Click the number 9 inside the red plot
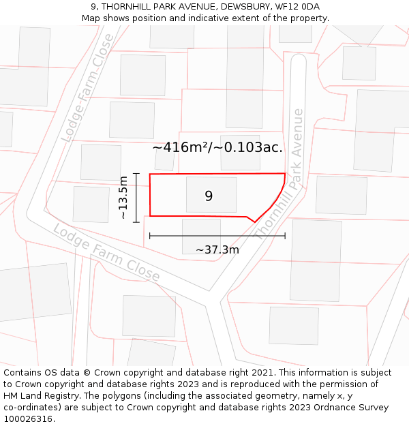pos(209,196)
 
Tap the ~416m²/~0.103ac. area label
pos(217,147)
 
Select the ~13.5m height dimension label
pos(123,198)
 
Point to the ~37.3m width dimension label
pos(217,249)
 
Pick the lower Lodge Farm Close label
pos(106,254)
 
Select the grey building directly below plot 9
pos(201,235)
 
